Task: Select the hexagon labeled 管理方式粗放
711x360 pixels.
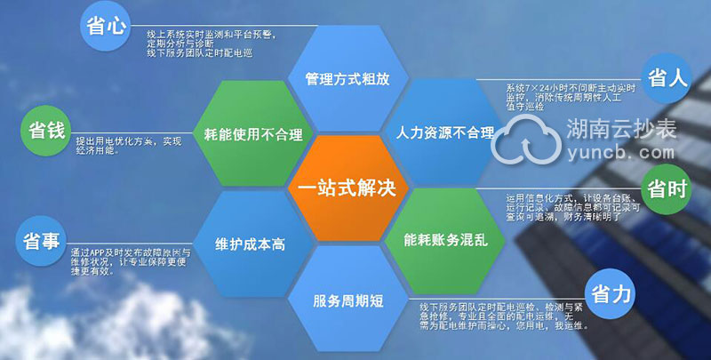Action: click(347, 77)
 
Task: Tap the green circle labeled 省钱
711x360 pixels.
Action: click(43, 132)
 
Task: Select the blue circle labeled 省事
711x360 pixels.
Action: click(41, 241)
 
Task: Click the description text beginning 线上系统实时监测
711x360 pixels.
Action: click(213, 43)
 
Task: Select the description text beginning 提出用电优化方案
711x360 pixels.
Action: click(128, 146)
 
